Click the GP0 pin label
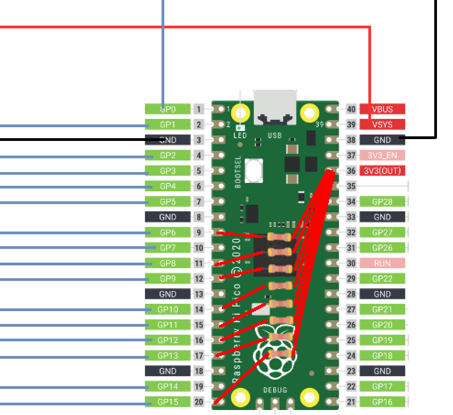pyautogui.click(x=167, y=109)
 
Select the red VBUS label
pyautogui.click(x=382, y=109)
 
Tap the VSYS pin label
pyautogui.click(x=382, y=124)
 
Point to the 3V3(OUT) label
pyautogui.click(x=382, y=171)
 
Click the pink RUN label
pyautogui.click(x=382, y=263)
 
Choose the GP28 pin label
pyautogui.click(x=382, y=201)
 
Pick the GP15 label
pyautogui.click(x=167, y=402)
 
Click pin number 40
pyautogui.click(x=351, y=109)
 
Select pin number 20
pyautogui.click(x=199, y=402)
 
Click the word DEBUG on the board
pyautogui.click(x=275, y=390)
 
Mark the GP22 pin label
pyautogui.click(x=382, y=279)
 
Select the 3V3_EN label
pyautogui.click(x=382, y=156)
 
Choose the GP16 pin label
pyautogui.click(x=382, y=402)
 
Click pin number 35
pyautogui.click(x=351, y=186)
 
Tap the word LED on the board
pyautogui.click(x=240, y=136)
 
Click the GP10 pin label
pyautogui.click(x=167, y=310)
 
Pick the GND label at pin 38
pyautogui.click(x=382, y=140)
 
